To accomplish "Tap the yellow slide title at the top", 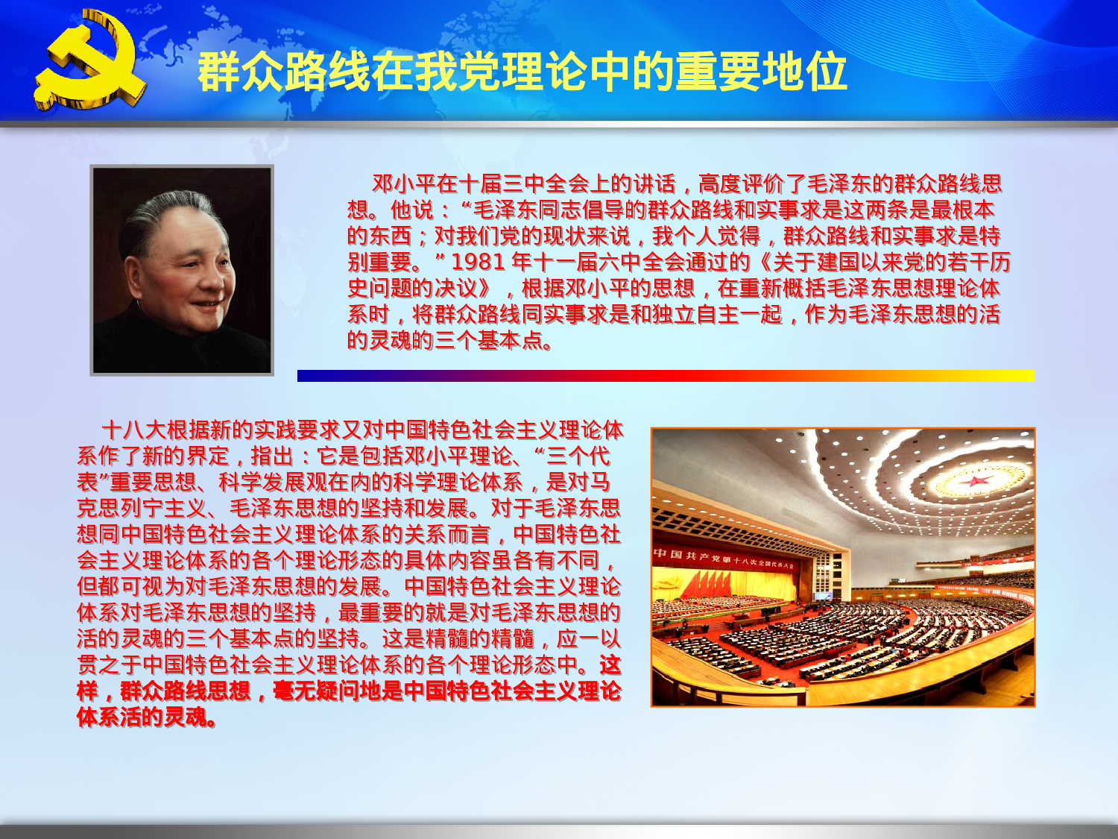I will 522,72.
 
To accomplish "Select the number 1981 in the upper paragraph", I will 478,262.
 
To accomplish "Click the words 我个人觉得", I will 706,236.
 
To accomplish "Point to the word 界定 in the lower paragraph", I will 207,456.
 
